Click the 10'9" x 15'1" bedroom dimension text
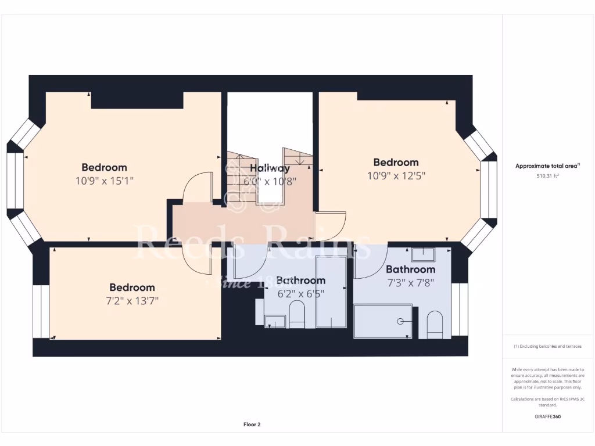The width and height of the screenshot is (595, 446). pyautogui.click(x=105, y=181)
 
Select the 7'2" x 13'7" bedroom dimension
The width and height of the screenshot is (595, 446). pyautogui.click(x=132, y=300)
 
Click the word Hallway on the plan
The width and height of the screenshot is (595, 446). pyautogui.click(x=270, y=168)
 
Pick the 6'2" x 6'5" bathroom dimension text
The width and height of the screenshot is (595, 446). pyautogui.click(x=300, y=293)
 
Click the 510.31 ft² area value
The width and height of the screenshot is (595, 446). pyautogui.click(x=547, y=175)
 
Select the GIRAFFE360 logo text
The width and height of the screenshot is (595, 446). pyautogui.click(x=547, y=416)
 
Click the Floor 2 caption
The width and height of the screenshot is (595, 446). pyautogui.click(x=252, y=425)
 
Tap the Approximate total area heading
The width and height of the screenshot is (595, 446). pyautogui.click(x=547, y=166)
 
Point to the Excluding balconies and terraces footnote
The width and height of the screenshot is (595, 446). pyautogui.click(x=547, y=346)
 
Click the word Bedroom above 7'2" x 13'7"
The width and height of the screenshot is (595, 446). pyautogui.click(x=132, y=287)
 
